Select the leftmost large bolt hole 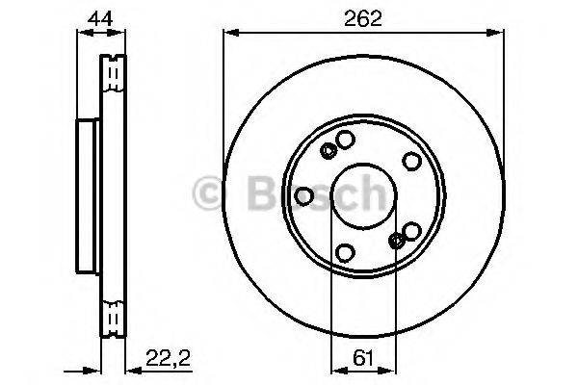(x=303, y=196)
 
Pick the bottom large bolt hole (x=346, y=254)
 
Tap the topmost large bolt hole (x=344, y=141)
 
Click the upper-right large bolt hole (x=411, y=161)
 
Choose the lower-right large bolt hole (x=412, y=231)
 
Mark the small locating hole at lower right (x=397, y=242)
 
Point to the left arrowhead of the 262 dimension (x=228, y=32)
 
